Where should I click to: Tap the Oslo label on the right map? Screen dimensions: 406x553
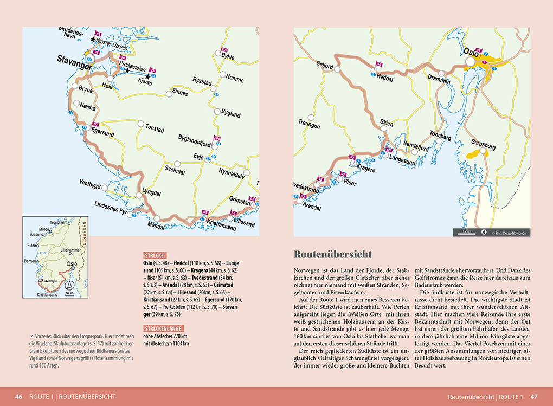pyautogui.click(x=471, y=53)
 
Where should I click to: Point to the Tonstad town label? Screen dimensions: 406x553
pyautogui.click(x=155, y=130)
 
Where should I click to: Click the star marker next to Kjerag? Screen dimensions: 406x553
pyautogui.click(x=147, y=77)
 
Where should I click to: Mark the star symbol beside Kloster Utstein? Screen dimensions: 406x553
pyautogui.click(x=93, y=40)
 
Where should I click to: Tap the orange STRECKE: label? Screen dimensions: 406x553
pyautogui.click(x=155, y=255)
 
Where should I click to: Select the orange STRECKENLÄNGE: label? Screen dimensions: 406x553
pyautogui.click(x=165, y=328)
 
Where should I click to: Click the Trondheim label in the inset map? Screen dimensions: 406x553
pyautogui.click(x=61, y=222)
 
